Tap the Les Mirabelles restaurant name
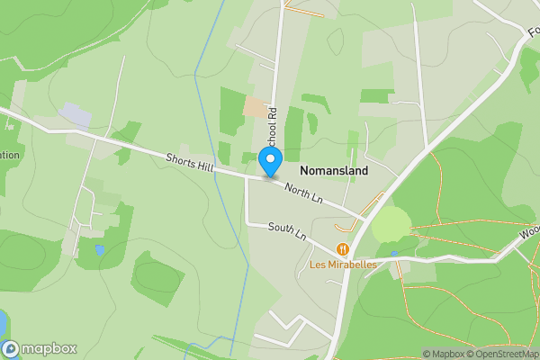pos(343,265)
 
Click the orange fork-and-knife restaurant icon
pos(343,248)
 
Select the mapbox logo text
pos(49,348)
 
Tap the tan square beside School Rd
pos(256,108)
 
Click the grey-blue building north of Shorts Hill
pos(76,114)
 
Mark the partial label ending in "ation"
pos(9,155)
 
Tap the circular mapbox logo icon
pos(11,348)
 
